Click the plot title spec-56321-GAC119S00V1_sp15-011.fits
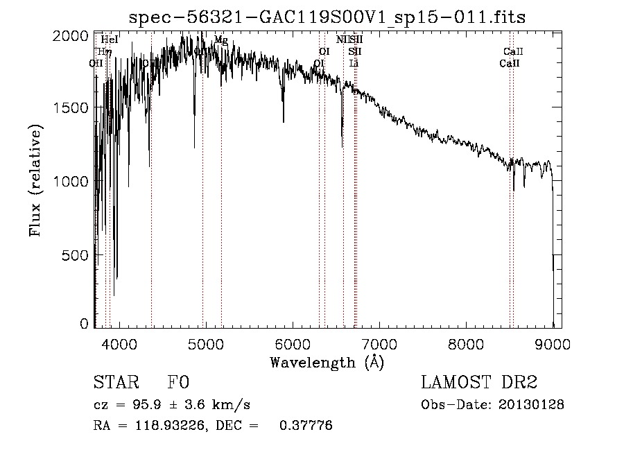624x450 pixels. point(328,17)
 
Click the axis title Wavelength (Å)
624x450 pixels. point(327,362)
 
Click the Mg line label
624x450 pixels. point(220,40)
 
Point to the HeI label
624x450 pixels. point(110,40)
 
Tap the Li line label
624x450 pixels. point(354,63)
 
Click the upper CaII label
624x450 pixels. point(513,51)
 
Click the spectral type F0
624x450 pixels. point(178,383)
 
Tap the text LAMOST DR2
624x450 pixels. point(479,383)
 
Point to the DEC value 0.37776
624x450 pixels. point(305,426)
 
